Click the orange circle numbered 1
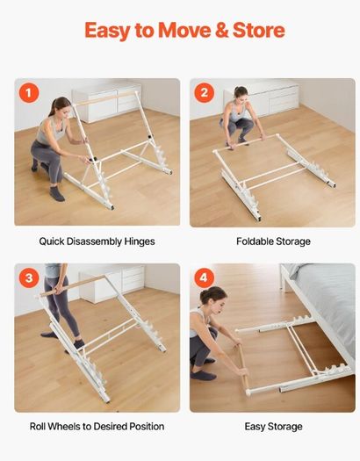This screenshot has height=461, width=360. pyautogui.click(x=29, y=93)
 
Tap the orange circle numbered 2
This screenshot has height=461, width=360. pyautogui.click(x=205, y=92)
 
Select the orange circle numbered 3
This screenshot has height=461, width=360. pyautogui.click(x=29, y=277)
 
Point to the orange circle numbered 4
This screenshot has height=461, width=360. pyautogui.click(x=205, y=277)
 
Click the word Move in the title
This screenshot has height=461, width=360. pyautogui.click(x=184, y=30)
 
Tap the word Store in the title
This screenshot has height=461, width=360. pyautogui.click(x=259, y=30)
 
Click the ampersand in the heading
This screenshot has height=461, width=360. pyautogui.click(x=222, y=30)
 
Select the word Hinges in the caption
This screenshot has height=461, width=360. pyautogui.click(x=140, y=241)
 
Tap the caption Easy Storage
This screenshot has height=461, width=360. pyautogui.click(x=273, y=427)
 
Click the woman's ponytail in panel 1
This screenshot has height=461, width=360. pyautogui.click(x=53, y=107)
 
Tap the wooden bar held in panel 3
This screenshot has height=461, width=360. pyautogui.click(x=72, y=285)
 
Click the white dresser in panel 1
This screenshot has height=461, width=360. pyautogui.click(x=107, y=102)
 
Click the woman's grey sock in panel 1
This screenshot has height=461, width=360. pyautogui.click(x=57, y=194)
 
